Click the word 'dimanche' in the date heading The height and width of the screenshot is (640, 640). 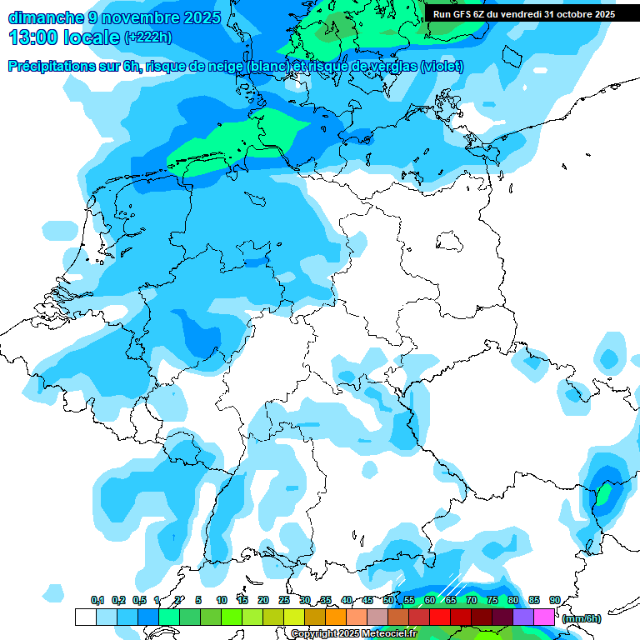click(x=46, y=17)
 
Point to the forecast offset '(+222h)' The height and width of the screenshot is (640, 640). click(x=148, y=37)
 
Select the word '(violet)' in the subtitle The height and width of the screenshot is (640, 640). click(x=442, y=67)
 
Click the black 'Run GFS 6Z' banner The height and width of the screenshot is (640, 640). click(x=524, y=14)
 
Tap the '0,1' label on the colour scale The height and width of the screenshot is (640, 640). click(x=97, y=600)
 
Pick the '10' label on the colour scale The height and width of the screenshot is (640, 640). click(x=222, y=600)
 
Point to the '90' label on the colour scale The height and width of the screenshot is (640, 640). click(x=554, y=600)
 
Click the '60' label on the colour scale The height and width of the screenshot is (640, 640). click(x=430, y=600)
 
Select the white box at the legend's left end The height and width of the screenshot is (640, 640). click(x=85, y=617)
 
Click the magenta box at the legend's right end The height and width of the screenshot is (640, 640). click(x=544, y=617)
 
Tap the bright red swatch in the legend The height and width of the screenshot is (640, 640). click(x=440, y=617)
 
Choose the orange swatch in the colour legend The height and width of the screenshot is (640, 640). click(x=336, y=617)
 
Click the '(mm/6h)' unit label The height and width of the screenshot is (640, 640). click(x=582, y=618)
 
